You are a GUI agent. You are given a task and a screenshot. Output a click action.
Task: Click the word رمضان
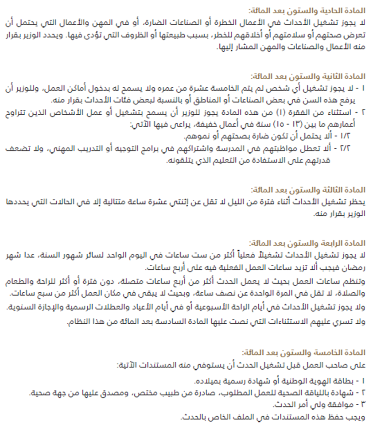(355, 267)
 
